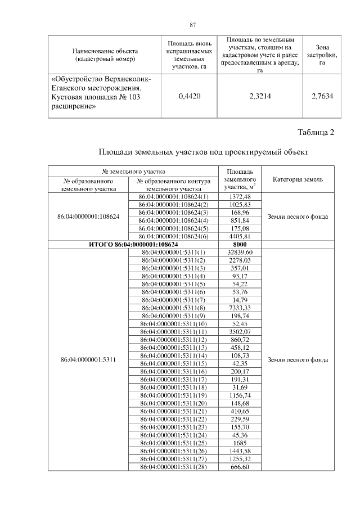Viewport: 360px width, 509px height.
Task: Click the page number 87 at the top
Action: click(x=192, y=25)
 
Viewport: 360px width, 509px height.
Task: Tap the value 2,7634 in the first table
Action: click(x=322, y=96)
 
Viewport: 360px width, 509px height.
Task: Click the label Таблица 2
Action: click(x=315, y=133)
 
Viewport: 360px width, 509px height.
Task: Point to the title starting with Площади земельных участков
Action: click(x=204, y=152)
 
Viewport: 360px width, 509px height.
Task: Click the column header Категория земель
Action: click(x=298, y=179)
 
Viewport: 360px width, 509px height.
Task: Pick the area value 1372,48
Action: click(x=240, y=196)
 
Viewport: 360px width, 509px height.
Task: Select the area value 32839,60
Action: click(x=240, y=253)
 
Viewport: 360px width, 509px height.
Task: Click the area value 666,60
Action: click(x=240, y=467)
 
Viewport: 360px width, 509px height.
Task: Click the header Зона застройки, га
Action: click(x=322, y=55)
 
